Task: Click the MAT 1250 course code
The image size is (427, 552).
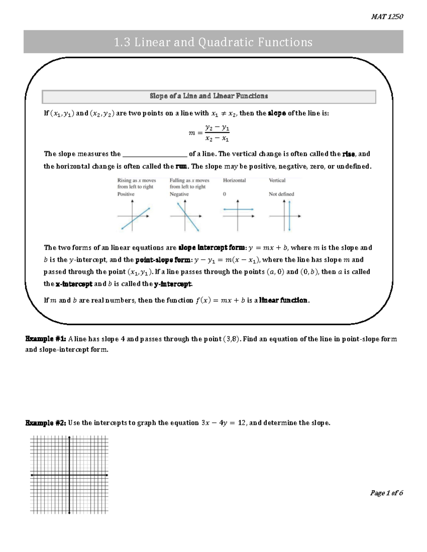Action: click(387, 16)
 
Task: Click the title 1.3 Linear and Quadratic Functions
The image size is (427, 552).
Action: click(213, 42)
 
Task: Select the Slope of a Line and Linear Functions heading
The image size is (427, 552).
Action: click(209, 96)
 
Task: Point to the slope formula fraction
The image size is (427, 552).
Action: click(217, 133)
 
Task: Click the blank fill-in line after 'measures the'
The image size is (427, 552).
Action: click(154, 154)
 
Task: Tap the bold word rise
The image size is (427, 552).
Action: click(348, 154)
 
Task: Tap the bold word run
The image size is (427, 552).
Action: click(181, 166)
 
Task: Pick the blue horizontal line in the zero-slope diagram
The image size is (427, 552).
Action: click(238, 209)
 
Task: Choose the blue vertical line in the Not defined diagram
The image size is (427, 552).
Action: click(290, 216)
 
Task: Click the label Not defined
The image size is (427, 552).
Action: click(281, 194)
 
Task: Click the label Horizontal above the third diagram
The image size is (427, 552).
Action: click(234, 180)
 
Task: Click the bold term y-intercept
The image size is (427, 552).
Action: click(173, 284)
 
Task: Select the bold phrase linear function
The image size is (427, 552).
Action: click(283, 300)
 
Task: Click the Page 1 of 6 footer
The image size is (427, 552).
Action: click(386, 493)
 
